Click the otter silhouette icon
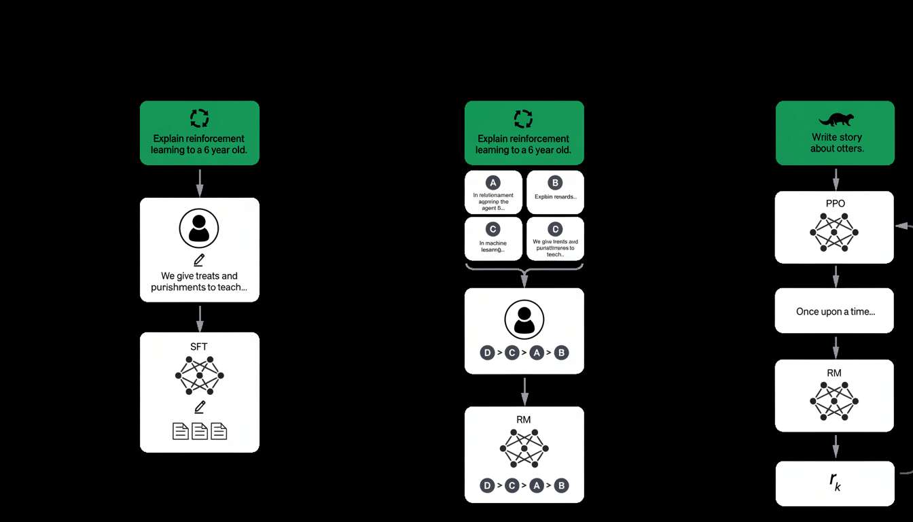(x=836, y=120)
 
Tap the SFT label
(x=199, y=347)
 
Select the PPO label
(x=835, y=203)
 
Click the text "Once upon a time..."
(x=835, y=312)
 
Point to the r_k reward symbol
(x=835, y=481)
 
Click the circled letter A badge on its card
(x=493, y=182)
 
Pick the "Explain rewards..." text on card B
(x=556, y=197)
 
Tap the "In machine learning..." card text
(x=493, y=246)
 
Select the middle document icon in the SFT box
(x=199, y=431)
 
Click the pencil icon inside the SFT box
(x=199, y=407)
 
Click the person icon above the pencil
(x=199, y=228)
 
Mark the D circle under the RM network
(x=487, y=485)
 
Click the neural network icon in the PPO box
(x=835, y=232)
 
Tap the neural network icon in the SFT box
(x=199, y=375)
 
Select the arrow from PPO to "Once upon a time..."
(x=836, y=276)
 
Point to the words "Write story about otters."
(x=836, y=143)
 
